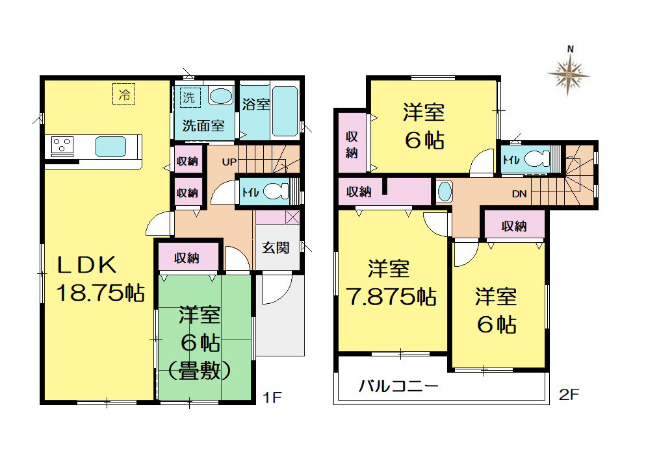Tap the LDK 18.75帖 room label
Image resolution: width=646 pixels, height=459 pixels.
(x=99, y=279)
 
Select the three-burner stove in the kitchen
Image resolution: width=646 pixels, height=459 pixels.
(x=62, y=145)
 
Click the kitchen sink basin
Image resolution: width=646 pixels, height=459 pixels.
(x=111, y=147)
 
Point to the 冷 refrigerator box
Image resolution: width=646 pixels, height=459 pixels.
(x=124, y=94)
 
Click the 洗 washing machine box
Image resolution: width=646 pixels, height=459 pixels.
(x=190, y=97)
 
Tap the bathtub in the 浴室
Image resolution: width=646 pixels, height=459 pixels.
(x=285, y=111)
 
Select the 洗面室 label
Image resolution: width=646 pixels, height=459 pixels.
(x=203, y=125)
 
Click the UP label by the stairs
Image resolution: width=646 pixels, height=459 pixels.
(x=229, y=162)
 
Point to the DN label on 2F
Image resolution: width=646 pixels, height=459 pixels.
(x=519, y=193)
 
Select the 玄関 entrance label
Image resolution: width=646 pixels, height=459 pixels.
(x=276, y=248)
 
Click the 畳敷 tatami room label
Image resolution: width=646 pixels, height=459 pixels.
(x=200, y=371)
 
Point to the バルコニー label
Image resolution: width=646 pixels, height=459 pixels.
(x=398, y=386)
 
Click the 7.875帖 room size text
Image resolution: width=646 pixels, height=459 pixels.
(x=391, y=297)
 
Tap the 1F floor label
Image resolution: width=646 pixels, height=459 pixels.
(x=272, y=398)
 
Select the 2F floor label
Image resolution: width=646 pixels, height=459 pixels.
(x=569, y=395)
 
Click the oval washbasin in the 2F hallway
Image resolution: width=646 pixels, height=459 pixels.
(x=445, y=192)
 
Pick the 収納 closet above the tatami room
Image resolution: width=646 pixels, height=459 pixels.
(x=188, y=257)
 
